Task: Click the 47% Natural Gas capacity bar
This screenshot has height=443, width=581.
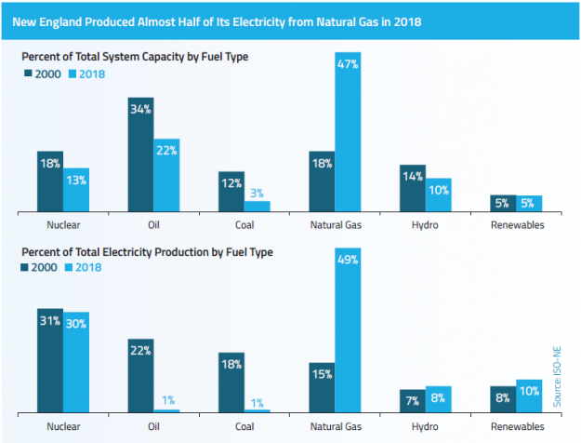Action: tap(348, 133)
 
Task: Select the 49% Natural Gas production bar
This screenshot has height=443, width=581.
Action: tap(348, 332)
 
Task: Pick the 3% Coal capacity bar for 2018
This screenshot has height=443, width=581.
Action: tap(257, 207)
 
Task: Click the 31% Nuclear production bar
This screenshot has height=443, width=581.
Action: tap(50, 359)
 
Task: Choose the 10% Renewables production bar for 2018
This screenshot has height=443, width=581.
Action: tap(529, 396)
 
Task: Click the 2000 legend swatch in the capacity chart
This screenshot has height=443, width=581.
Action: tap(27, 74)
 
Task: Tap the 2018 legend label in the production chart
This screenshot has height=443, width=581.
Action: tap(89, 267)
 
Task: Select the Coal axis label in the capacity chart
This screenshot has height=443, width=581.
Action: tap(244, 224)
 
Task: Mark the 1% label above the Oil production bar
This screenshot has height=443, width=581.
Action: tap(167, 399)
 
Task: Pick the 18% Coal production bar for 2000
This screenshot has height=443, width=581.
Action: tap(231, 382)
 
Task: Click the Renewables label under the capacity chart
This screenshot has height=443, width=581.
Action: tap(516, 224)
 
